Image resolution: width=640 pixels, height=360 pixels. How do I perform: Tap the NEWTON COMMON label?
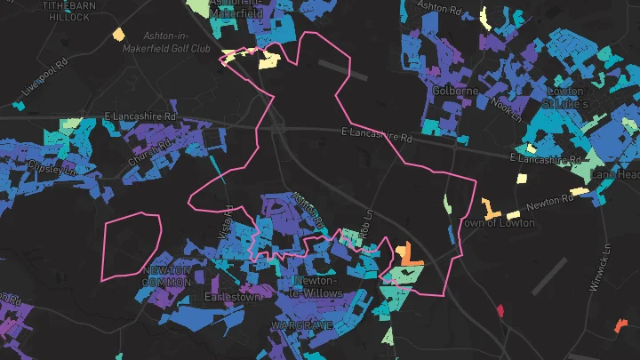coord(166,276)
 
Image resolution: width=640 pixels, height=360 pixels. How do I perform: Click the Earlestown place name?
coord(232,297)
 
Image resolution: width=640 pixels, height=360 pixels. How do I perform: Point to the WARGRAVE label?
coord(302,325)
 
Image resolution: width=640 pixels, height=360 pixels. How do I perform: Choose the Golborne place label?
coord(455,91)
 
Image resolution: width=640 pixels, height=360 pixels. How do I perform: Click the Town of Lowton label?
coord(499,222)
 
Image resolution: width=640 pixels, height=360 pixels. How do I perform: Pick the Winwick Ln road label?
coord(599,269)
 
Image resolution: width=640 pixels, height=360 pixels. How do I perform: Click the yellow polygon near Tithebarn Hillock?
coord(117,36)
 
